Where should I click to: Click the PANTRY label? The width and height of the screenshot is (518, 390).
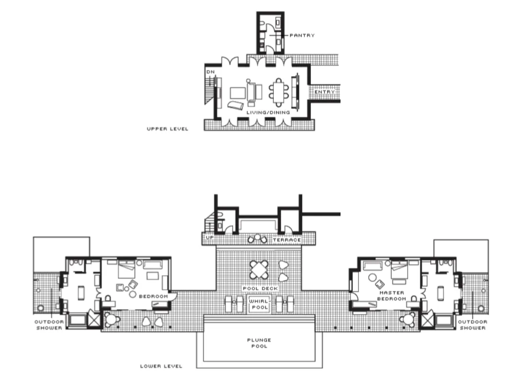[302, 35]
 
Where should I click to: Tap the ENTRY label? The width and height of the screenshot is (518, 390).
[325, 92]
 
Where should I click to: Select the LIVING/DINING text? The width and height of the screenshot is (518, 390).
[268, 112]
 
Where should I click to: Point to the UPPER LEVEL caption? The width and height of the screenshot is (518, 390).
[168, 129]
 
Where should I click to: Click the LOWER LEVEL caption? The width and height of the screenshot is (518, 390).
[161, 366]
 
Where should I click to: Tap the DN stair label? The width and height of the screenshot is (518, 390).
[211, 72]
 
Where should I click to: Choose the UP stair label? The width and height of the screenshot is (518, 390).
[210, 237]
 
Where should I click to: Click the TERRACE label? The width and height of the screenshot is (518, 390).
[287, 240]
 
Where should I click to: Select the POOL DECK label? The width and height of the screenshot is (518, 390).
[260, 288]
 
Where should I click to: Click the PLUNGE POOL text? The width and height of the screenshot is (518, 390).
[259, 343]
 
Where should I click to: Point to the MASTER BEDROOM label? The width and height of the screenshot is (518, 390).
[392, 296]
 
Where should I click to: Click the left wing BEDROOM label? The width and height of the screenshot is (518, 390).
[153, 296]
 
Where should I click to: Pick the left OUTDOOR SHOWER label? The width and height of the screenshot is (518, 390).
[49, 324]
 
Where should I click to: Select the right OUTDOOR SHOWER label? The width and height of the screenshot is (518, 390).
[473, 324]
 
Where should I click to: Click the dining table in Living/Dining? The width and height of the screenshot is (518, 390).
[279, 93]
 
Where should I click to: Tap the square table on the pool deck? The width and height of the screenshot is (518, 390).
[259, 270]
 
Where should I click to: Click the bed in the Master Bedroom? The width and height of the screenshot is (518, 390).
[399, 269]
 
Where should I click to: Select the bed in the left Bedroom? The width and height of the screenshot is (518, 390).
[126, 269]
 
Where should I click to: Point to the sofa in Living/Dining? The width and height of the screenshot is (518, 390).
[251, 92]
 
